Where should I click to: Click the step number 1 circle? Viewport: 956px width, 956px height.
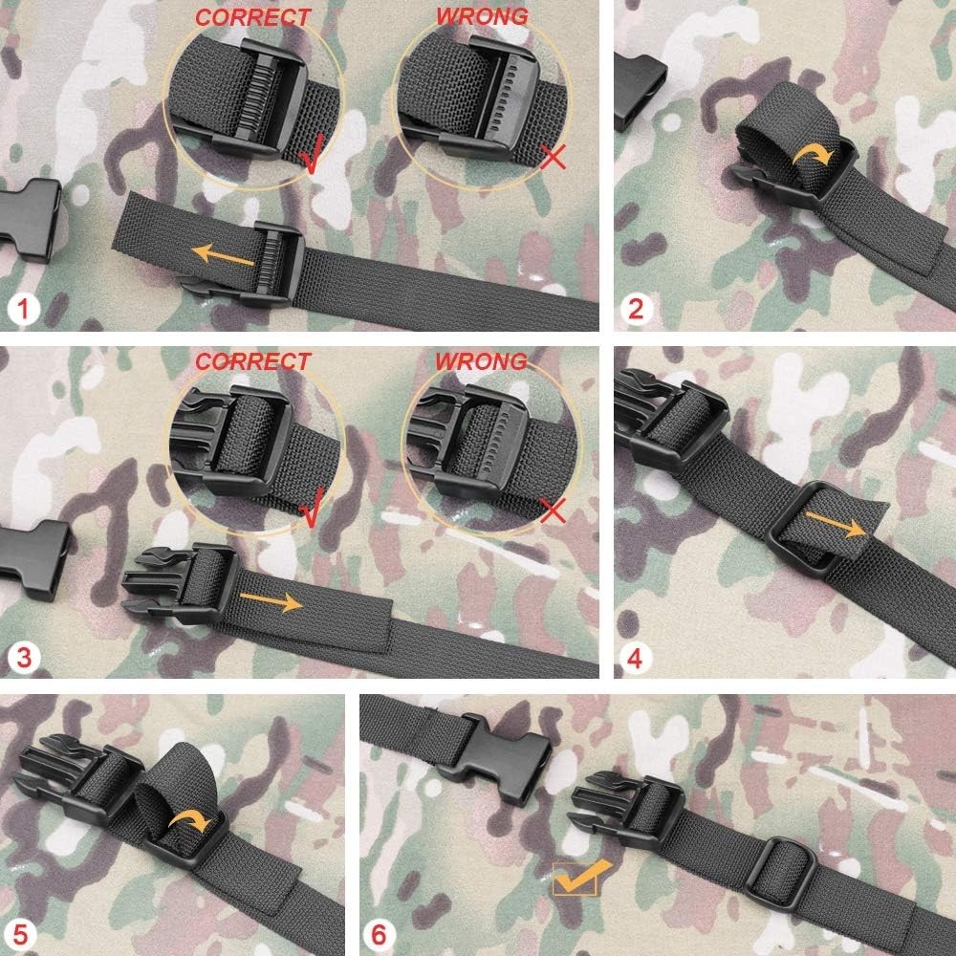(21, 309)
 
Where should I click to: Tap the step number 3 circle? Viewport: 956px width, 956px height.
(21, 657)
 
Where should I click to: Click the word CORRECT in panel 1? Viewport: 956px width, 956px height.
(253, 17)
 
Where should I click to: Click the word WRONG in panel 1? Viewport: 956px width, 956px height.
(481, 16)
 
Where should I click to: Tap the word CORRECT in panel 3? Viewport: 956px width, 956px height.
(253, 361)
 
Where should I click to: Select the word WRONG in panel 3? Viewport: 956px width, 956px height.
(481, 361)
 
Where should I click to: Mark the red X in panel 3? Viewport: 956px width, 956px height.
(552, 510)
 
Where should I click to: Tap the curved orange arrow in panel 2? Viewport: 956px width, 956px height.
(817, 153)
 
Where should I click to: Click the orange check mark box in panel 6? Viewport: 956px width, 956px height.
(575, 877)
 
